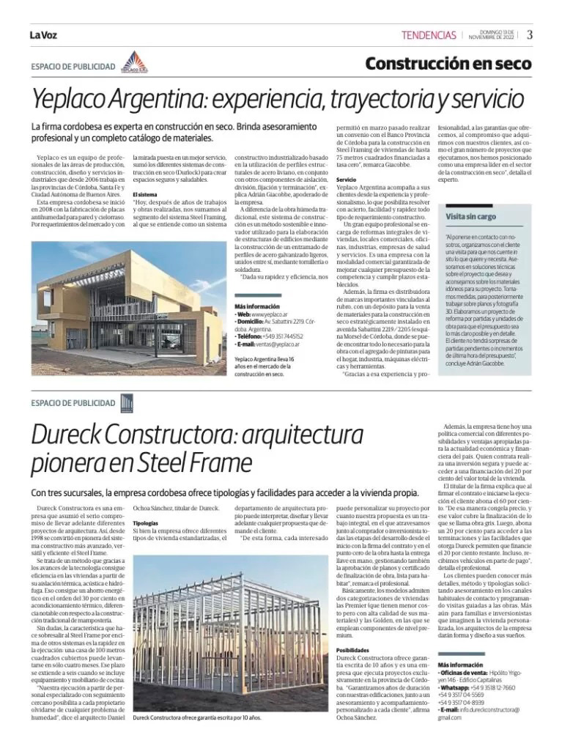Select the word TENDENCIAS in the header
pos(429,35)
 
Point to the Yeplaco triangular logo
pos(134,64)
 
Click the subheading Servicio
pos(347,179)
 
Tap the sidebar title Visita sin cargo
pos(470,217)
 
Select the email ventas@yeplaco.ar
pos(279,343)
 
